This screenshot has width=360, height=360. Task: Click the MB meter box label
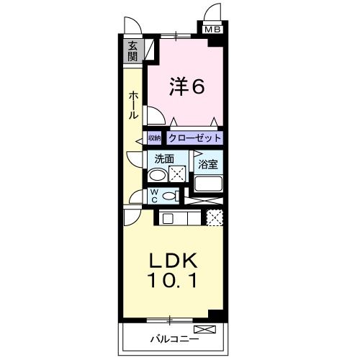(x=212, y=30)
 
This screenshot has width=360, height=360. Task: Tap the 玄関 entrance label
(x=133, y=52)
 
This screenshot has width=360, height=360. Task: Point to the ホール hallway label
(x=134, y=104)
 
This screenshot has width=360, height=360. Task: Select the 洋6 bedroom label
(x=187, y=87)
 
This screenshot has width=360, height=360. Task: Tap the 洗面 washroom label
(x=161, y=158)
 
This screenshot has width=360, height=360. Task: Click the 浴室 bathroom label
(x=209, y=164)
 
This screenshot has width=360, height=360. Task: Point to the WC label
(x=154, y=195)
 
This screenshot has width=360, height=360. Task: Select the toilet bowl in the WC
(x=170, y=195)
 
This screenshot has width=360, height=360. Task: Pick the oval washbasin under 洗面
(x=156, y=174)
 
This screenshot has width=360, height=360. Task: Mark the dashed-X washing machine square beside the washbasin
(x=178, y=174)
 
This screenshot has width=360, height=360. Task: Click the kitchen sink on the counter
(x=168, y=218)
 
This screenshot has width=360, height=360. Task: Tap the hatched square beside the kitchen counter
(x=214, y=217)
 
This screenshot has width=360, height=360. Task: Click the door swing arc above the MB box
(x=214, y=12)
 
